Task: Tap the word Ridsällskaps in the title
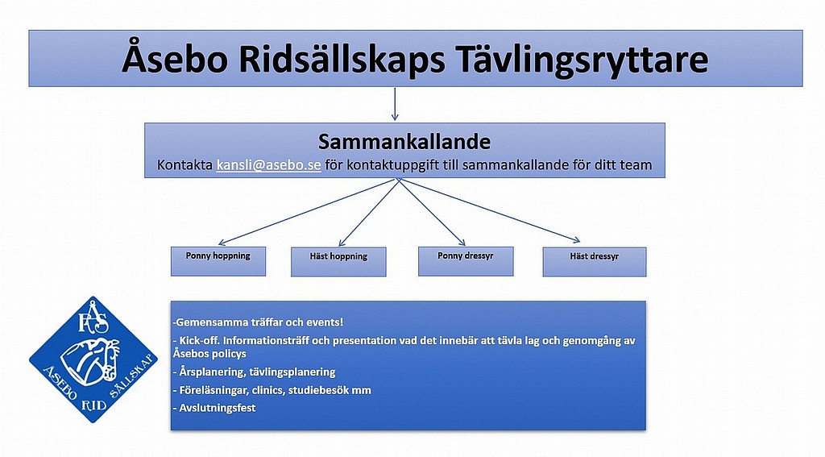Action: (342, 60)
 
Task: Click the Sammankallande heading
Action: (404, 142)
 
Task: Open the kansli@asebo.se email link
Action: (268, 164)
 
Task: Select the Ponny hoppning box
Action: (218, 261)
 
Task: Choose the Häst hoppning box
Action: (338, 262)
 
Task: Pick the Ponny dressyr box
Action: (466, 261)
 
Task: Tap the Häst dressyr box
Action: (595, 262)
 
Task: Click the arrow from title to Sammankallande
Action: (395, 104)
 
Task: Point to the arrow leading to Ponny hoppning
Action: (306, 212)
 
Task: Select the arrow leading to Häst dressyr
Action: (489, 210)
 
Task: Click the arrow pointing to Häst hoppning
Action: (367, 212)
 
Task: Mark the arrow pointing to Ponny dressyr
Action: (432, 212)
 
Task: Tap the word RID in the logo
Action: (95, 405)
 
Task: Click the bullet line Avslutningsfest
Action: (214, 408)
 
